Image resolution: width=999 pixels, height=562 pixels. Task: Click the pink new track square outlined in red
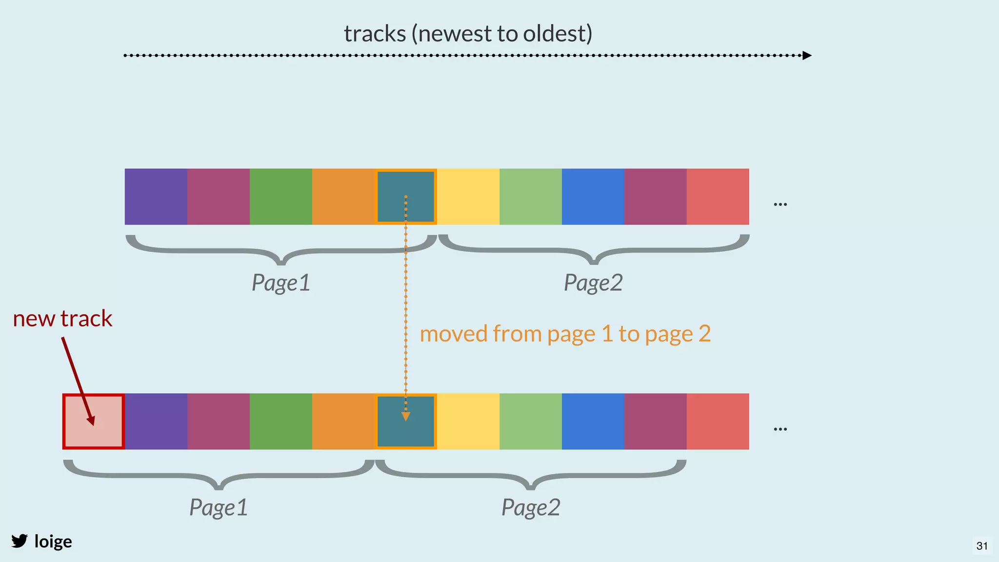pyautogui.click(x=93, y=421)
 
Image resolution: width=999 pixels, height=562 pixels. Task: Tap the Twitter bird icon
pyautogui.click(x=20, y=541)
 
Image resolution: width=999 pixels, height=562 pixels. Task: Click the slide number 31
pyautogui.click(x=982, y=546)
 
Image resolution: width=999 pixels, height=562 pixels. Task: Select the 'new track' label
pyautogui.click(x=62, y=319)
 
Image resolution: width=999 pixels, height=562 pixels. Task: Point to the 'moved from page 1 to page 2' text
pyautogui.click(x=565, y=334)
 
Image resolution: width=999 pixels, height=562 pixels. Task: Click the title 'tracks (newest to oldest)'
pyautogui.click(x=468, y=34)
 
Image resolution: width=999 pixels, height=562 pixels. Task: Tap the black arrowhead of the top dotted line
pyautogui.click(x=807, y=56)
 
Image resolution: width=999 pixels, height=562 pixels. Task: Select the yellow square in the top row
pyautogui.click(x=468, y=197)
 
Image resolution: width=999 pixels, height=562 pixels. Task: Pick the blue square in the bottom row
pyautogui.click(x=593, y=421)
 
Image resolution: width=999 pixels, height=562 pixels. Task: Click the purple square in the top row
pyautogui.click(x=156, y=197)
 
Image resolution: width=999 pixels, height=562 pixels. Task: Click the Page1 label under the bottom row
pyautogui.click(x=219, y=508)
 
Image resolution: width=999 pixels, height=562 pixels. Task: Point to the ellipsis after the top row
pyautogui.click(x=780, y=204)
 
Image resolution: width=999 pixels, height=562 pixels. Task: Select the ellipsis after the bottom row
pyautogui.click(x=780, y=429)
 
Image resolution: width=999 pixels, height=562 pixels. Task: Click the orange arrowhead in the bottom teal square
pyautogui.click(x=405, y=416)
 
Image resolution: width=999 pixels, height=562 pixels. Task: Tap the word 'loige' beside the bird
pyautogui.click(x=53, y=542)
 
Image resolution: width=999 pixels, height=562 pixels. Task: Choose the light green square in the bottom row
pyautogui.click(x=531, y=421)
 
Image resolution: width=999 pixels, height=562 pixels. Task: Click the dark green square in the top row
pyautogui.click(x=281, y=197)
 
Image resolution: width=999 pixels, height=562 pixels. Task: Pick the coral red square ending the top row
pyautogui.click(x=718, y=197)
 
